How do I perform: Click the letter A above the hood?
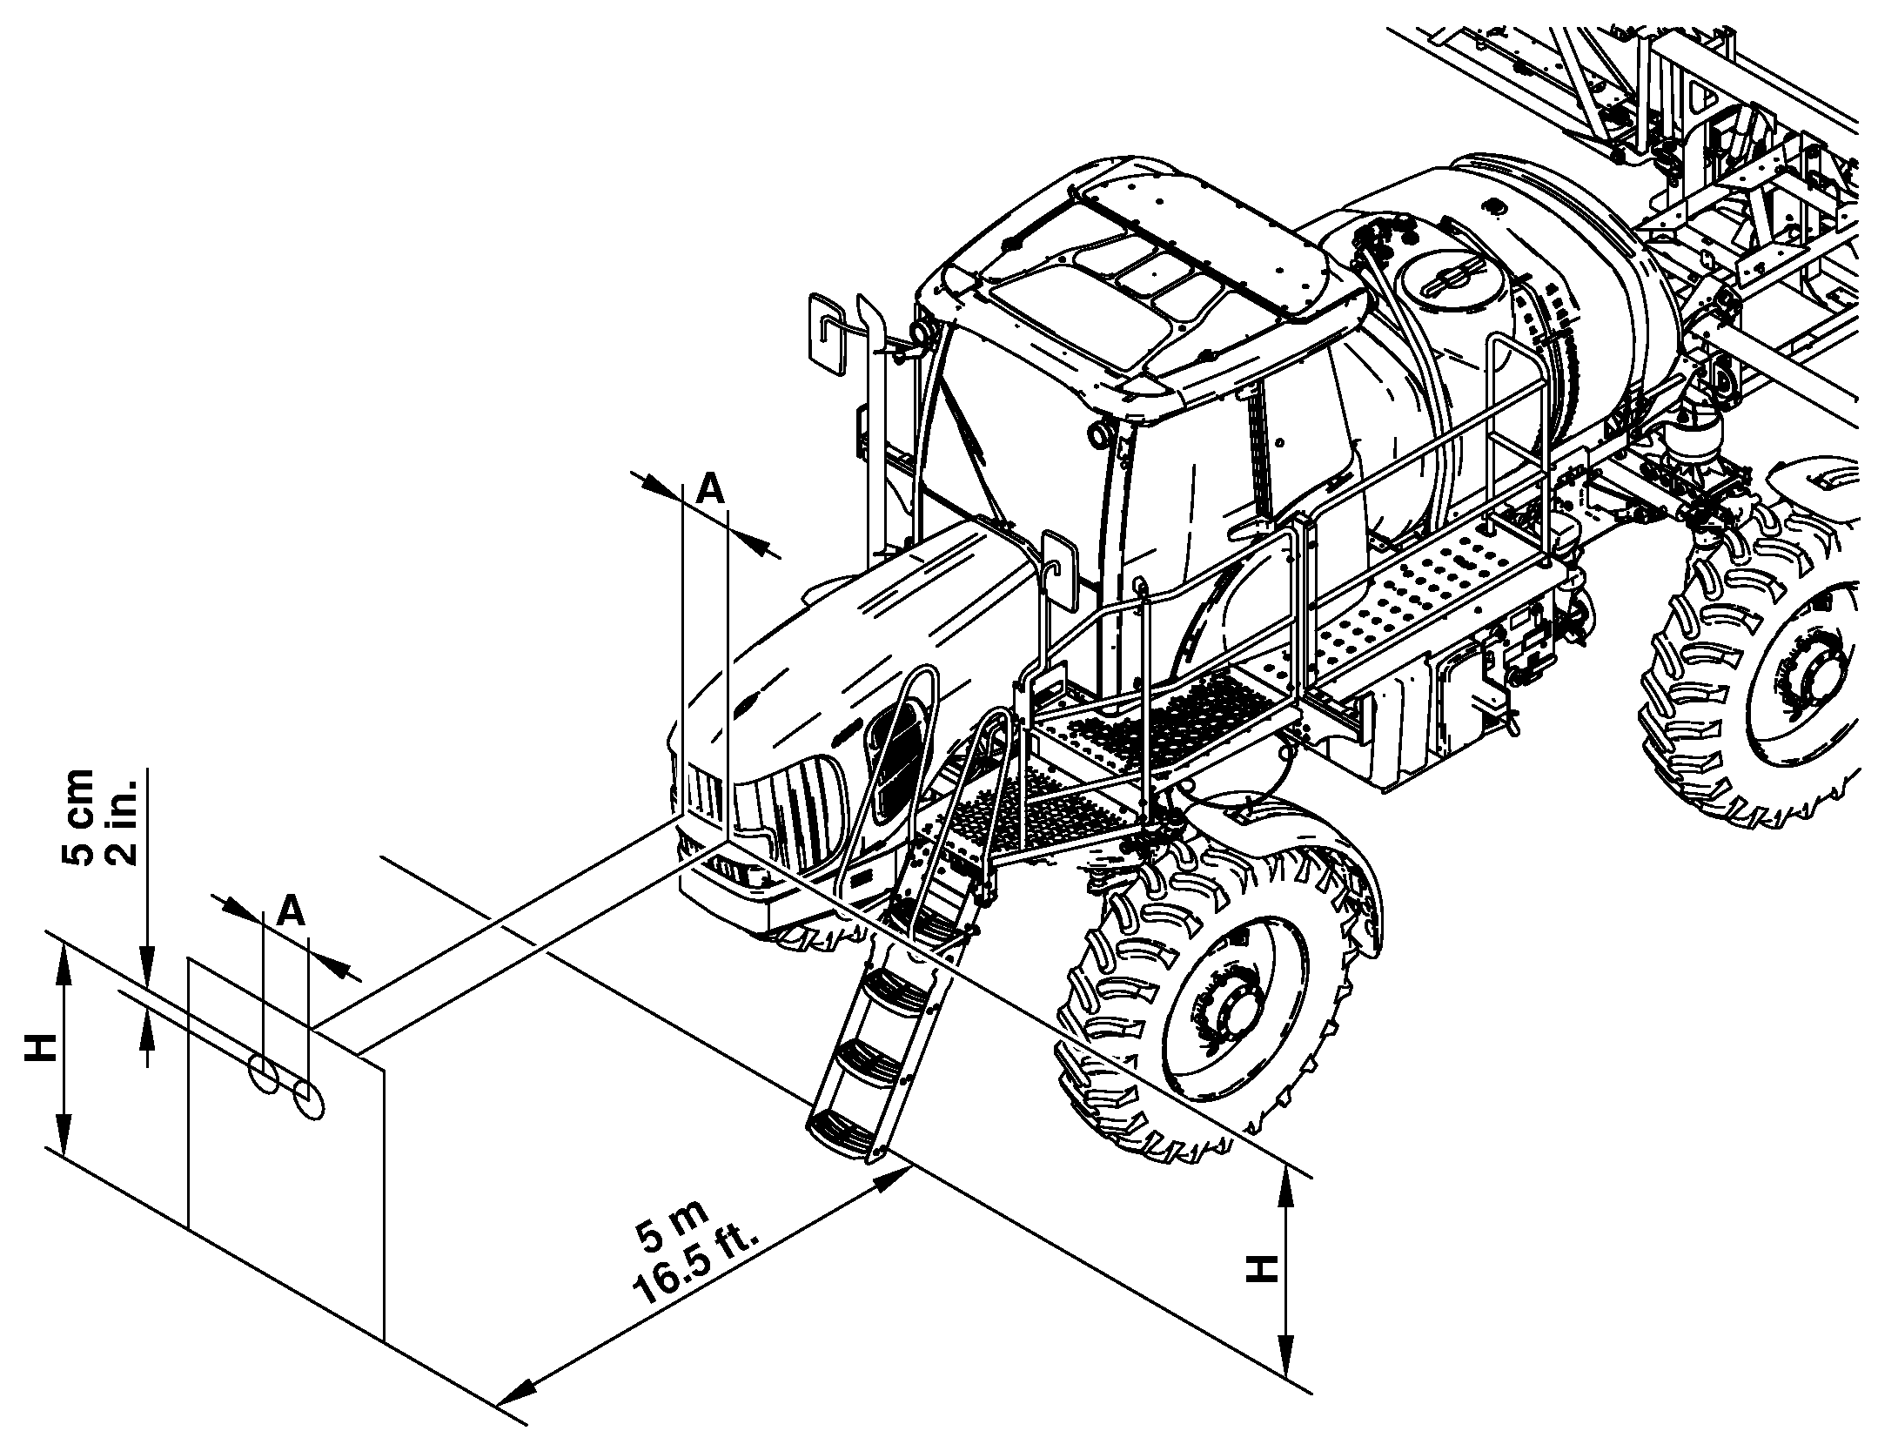click(x=711, y=490)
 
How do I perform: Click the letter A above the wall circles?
click(x=292, y=910)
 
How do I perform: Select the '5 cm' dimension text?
click(x=78, y=816)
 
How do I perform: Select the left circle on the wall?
click(x=263, y=1072)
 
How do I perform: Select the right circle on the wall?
click(x=309, y=1100)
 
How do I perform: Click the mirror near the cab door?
click(x=1059, y=570)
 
